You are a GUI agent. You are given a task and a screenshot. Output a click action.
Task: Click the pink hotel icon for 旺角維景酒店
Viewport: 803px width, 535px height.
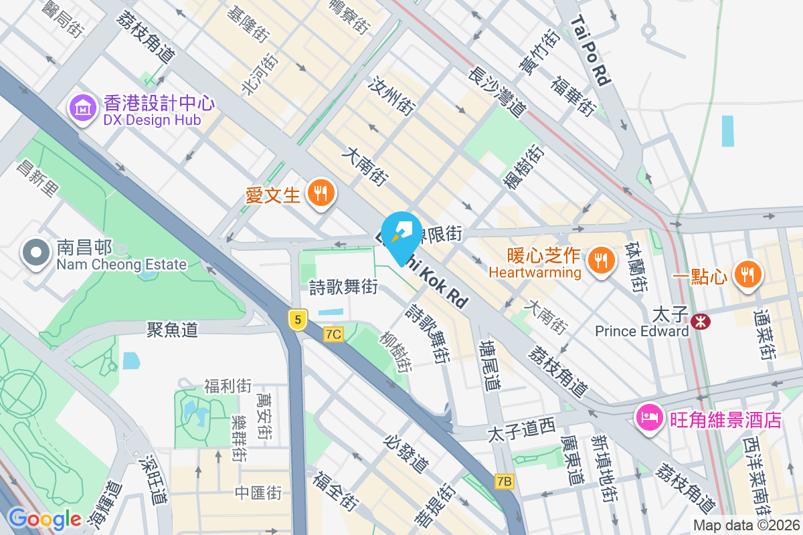pos(649,419)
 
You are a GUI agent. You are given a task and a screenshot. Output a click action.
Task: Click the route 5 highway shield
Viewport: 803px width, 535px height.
pos(298,320)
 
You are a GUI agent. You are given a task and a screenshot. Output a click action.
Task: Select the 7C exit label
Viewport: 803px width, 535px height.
pos(333,334)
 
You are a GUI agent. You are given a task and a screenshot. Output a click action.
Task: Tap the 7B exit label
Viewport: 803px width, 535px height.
pos(505,481)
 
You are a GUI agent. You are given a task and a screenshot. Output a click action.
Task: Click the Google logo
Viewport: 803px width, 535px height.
pos(44,519)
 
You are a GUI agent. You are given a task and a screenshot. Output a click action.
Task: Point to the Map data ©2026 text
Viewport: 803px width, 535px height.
pos(746,525)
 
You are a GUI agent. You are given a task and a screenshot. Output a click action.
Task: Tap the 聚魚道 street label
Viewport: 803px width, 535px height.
pos(173,328)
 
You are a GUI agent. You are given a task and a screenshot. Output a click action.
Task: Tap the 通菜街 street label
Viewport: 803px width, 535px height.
pos(764,334)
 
